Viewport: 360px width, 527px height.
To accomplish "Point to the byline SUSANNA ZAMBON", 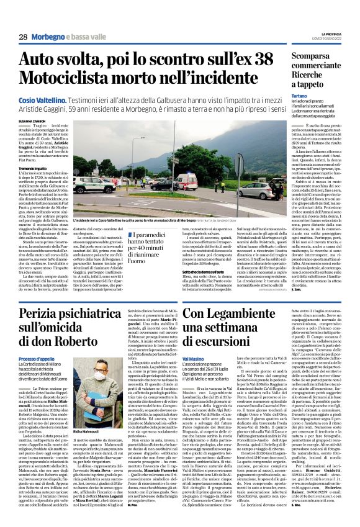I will click(31, 121).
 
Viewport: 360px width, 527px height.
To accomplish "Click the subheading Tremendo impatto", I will click(32, 169).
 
